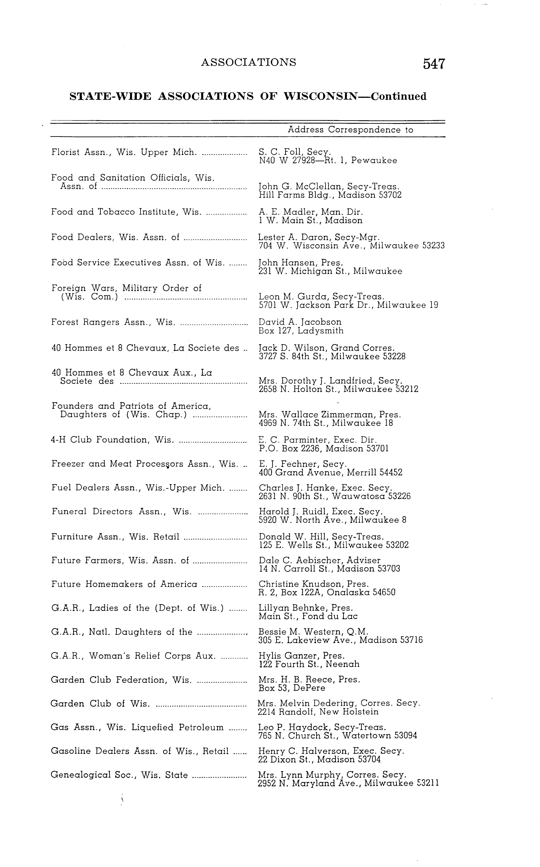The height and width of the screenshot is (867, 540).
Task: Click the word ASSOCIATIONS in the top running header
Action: coord(249,62)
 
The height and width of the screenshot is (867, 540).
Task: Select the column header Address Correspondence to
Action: coord(350,130)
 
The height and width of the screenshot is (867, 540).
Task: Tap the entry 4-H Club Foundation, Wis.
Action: coord(112,440)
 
